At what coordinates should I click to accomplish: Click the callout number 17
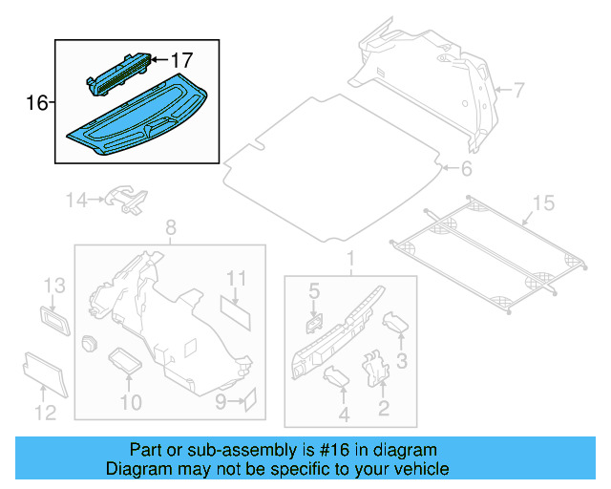coord(181,59)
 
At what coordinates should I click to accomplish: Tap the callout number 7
coord(518,91)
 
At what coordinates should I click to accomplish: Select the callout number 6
coord(466,169)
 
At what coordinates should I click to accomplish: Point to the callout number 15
coord(542,202)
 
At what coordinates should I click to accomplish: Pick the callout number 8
coord(171,227)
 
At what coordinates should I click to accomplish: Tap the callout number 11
coord(237,278)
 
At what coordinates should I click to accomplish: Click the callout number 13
coord(53,286)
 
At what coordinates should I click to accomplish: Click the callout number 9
coord(221,402)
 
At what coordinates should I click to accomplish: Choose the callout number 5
coord(313,289)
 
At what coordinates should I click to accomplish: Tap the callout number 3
coord(402,360)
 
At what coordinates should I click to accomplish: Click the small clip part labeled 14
coord(127,198)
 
